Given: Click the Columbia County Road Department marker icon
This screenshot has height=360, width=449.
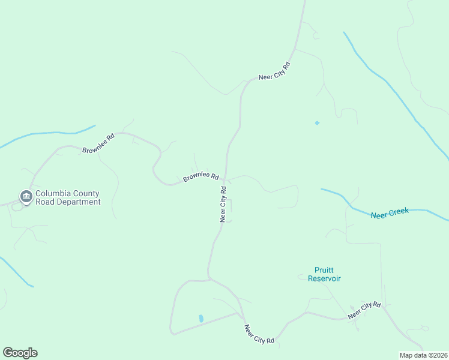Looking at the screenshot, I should (26, 196).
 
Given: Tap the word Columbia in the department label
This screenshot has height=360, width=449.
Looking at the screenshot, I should (53, 194).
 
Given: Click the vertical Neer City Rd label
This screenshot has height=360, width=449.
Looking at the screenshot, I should (223, 205).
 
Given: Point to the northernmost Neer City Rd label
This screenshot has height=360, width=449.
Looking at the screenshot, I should (274, 70).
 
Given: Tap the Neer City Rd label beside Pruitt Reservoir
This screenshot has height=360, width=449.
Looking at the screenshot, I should (365, 310).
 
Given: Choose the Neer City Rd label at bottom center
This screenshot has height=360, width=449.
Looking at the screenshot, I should (259, 334).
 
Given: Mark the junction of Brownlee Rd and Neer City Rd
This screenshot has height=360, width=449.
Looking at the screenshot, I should (225, 179).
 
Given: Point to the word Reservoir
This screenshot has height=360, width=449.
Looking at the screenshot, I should (324, 278).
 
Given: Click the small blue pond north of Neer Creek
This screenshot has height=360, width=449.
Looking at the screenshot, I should (317, 123).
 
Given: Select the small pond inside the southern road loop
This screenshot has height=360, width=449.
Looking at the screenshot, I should (200, 318).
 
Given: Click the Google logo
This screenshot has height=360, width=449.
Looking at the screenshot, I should (20, 353).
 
